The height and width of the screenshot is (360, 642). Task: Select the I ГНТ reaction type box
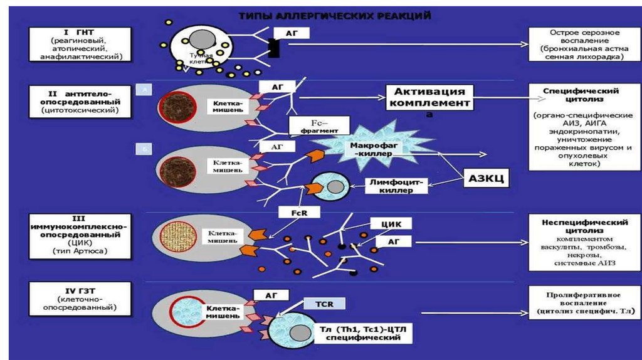(x=83, y=44)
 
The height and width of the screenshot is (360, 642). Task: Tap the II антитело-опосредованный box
(x=80, y=102)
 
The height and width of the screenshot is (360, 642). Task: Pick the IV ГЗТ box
(x=79, y=298)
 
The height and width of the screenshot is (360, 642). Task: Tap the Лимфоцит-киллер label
(x=394, y=186)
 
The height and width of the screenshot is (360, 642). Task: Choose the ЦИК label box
(x=391, y=223)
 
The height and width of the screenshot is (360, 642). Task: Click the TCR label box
(x=325, y=305)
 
